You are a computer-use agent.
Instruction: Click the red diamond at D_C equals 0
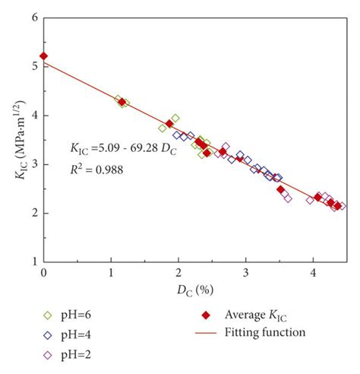click(x=44, y=56)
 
